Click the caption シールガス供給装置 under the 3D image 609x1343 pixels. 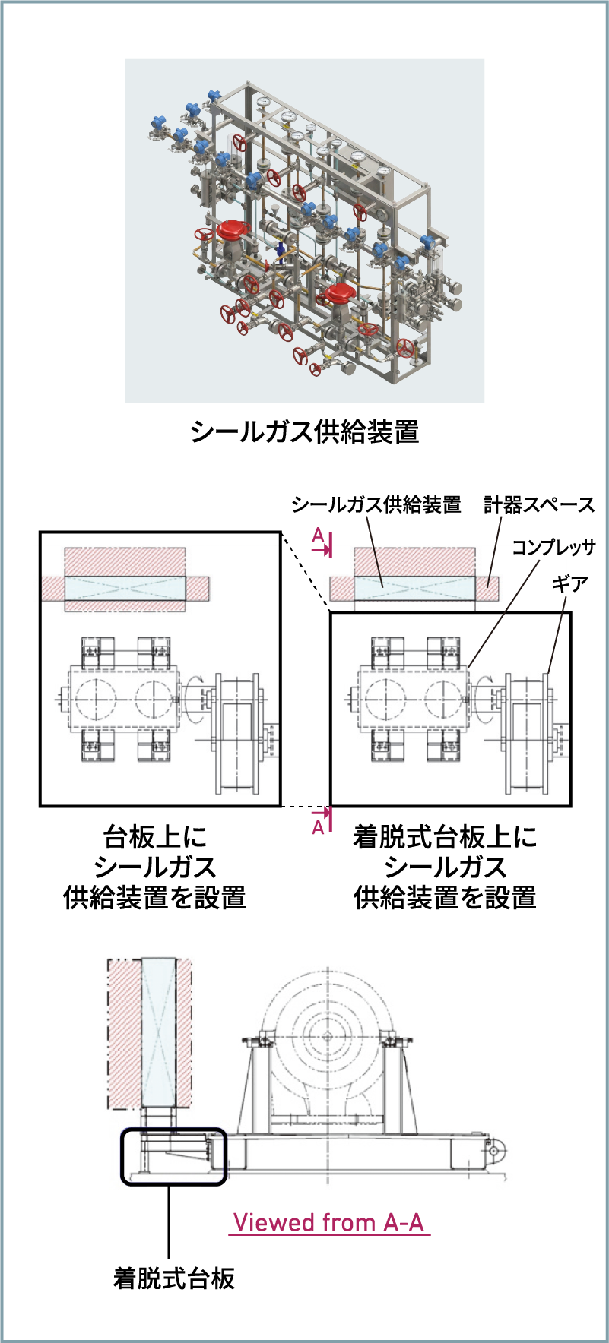pyautogui.click(x=305, y=431)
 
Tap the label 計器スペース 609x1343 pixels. pyautogui.click(x=538, y=504)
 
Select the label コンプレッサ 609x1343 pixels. pyautogui.click(x=553, y=547)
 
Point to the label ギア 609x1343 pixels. pyautogui.click(x=569, y=583)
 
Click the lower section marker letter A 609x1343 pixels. pyautogui.click(x=319, y=826)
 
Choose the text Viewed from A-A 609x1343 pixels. pyautogui.click(x=328, y=1222)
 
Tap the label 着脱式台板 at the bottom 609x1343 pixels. pyautogui.click(x=174, y=1278)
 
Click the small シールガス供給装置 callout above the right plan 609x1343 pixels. pyautogui.click(x=376, y=504)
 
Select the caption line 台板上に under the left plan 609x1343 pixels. pyautogui.click(x=155, y=837)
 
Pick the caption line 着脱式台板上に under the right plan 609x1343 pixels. pyautogui.click(x=445, y=837)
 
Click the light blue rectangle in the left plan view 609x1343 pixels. pyautogui.click(x=125, y=588)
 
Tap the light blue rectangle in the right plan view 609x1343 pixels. pyautogui.click(x=414, y=588)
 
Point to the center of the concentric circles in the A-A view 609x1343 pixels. pyautogui.click(x=327, y=1035)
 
